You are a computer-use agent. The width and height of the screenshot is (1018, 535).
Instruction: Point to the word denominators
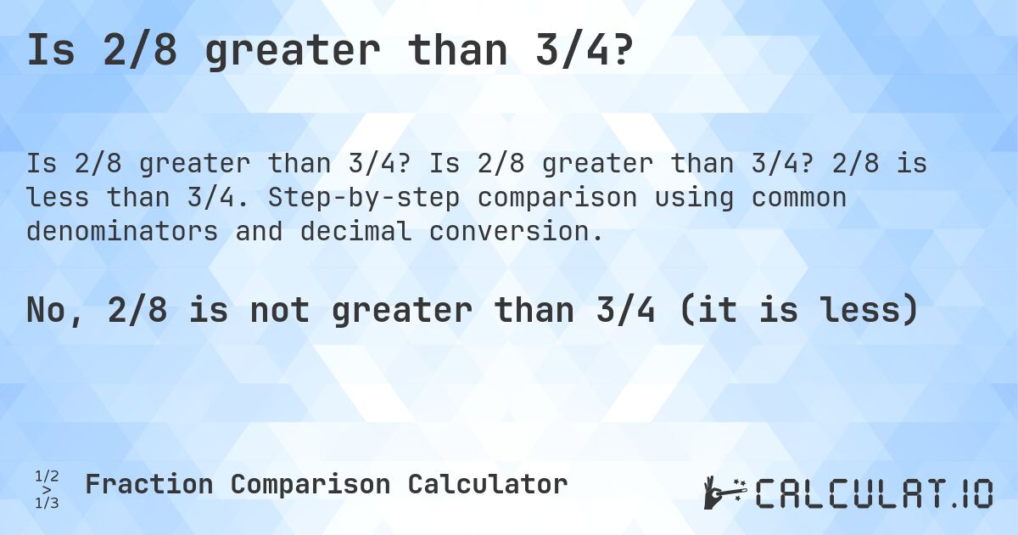coord(122,231)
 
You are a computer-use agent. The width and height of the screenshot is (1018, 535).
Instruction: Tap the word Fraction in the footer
coord(148,485)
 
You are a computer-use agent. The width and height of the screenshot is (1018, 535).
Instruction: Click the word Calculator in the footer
coord(487,485)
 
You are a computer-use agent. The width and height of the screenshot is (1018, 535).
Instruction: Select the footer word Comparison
coord(310,485)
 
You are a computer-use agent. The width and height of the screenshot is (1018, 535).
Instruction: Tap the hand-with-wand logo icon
coord(724,492)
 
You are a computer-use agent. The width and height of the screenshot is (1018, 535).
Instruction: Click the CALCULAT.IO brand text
coord(874,493)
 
